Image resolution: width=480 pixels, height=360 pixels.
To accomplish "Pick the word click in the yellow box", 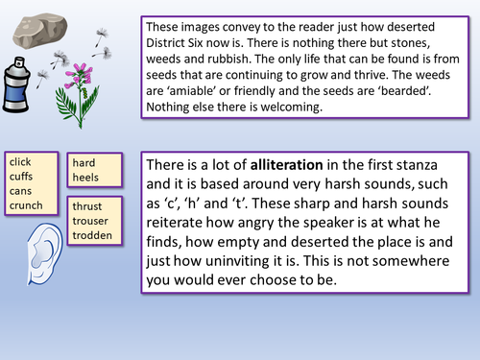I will [x=21, y=162].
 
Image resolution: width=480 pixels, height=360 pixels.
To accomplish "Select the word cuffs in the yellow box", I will [x=22, y=176].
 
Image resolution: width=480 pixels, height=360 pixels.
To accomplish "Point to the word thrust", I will [x=88, y=207].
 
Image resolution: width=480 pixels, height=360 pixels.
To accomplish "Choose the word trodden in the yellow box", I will [x=93, y=235].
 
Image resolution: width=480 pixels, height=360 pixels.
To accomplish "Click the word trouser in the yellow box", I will [x=92, y=222].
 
